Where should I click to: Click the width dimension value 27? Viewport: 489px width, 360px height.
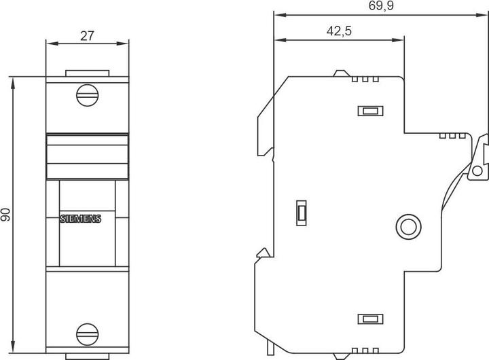pyautogui.click(x=87, y=37)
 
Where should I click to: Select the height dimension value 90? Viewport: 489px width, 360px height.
pyautogui.click(x=6, y=215)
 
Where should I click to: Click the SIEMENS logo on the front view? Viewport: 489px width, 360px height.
pyautogui.click(x=80, y=219)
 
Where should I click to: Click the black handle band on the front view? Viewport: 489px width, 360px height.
pyautogui.click(x=87, y=156)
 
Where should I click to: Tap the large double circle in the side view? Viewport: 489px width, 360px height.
pyautogui.click(x=407, y=225)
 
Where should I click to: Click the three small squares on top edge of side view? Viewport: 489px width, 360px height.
pyautogui.click(x=365, y=79)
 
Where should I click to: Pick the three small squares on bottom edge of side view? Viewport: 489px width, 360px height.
pyautogui.click(x=365, y=350)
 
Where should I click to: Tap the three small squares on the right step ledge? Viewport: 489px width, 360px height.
pyautogui.click(x=452, y=135)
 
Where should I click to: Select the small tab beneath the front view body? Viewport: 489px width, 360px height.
pyautogui.click(x=87, y=356)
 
